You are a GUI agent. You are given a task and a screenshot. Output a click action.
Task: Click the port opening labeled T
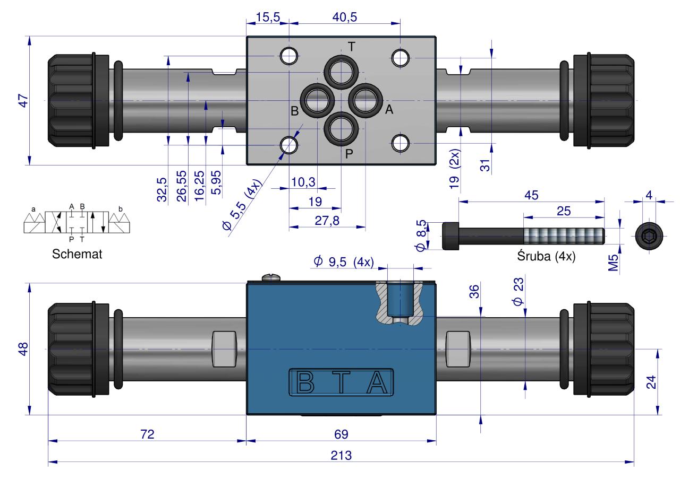(341, 72)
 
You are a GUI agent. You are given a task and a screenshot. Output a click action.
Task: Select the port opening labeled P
(341, 129)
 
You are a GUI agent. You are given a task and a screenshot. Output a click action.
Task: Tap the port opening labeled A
(365, 101)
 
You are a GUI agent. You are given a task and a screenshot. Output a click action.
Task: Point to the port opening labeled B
(317, 101)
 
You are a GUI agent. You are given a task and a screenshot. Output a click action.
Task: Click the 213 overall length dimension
(341, 456)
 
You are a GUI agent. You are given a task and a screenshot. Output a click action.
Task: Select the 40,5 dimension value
(345, 17)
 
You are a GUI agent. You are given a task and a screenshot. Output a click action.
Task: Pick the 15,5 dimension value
(268, 17)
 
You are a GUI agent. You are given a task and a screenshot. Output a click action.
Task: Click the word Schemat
(77, 254)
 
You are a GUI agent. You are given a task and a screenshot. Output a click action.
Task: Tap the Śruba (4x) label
(547, 256)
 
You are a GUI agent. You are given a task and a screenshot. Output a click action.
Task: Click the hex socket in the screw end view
(649, 236)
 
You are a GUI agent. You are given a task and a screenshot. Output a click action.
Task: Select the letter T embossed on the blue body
(342, 382)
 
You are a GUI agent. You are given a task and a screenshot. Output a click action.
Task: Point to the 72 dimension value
(147, 434)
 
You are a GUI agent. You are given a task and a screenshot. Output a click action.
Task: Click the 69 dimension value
(341, 434)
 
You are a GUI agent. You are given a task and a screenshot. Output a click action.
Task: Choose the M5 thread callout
(613, 263)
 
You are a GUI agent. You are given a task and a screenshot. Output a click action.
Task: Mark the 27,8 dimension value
(327, 221)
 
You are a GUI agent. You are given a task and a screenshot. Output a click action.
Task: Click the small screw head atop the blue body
(271, 277)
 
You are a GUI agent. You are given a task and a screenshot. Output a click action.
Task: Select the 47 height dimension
(23, 101)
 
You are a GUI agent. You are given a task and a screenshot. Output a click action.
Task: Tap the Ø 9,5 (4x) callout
(344, 261)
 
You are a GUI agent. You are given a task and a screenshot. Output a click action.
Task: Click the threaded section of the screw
(564, 237)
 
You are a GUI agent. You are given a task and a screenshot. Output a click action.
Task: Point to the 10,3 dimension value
(303, 182)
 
